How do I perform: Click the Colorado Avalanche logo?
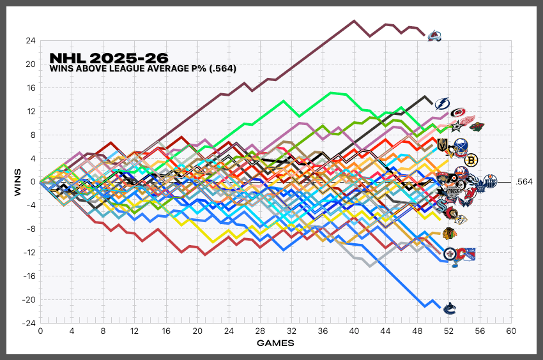434,36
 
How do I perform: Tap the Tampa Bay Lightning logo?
442,103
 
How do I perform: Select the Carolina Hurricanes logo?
458,113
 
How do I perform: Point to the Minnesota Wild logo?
477,127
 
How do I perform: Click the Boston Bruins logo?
471,161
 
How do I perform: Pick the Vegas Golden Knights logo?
441,147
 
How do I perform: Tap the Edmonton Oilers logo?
489,181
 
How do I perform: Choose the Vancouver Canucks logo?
450,308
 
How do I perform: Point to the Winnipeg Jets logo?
450,254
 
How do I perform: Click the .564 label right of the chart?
524,182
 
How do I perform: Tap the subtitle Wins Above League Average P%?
143,68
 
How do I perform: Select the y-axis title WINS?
19,182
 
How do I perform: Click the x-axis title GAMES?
275,343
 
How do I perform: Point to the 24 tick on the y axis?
31,40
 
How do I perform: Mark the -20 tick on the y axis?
29,300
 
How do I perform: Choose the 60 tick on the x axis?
511,331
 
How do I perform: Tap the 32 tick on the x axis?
291,331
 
